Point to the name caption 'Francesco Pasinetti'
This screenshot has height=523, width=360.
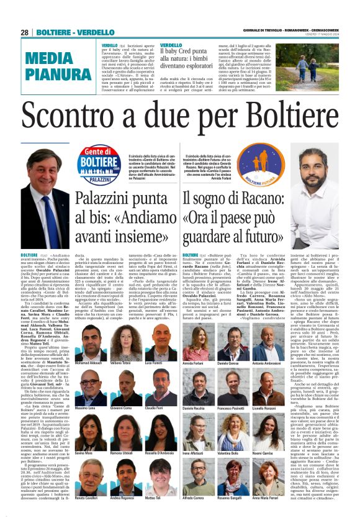coord(232,408)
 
